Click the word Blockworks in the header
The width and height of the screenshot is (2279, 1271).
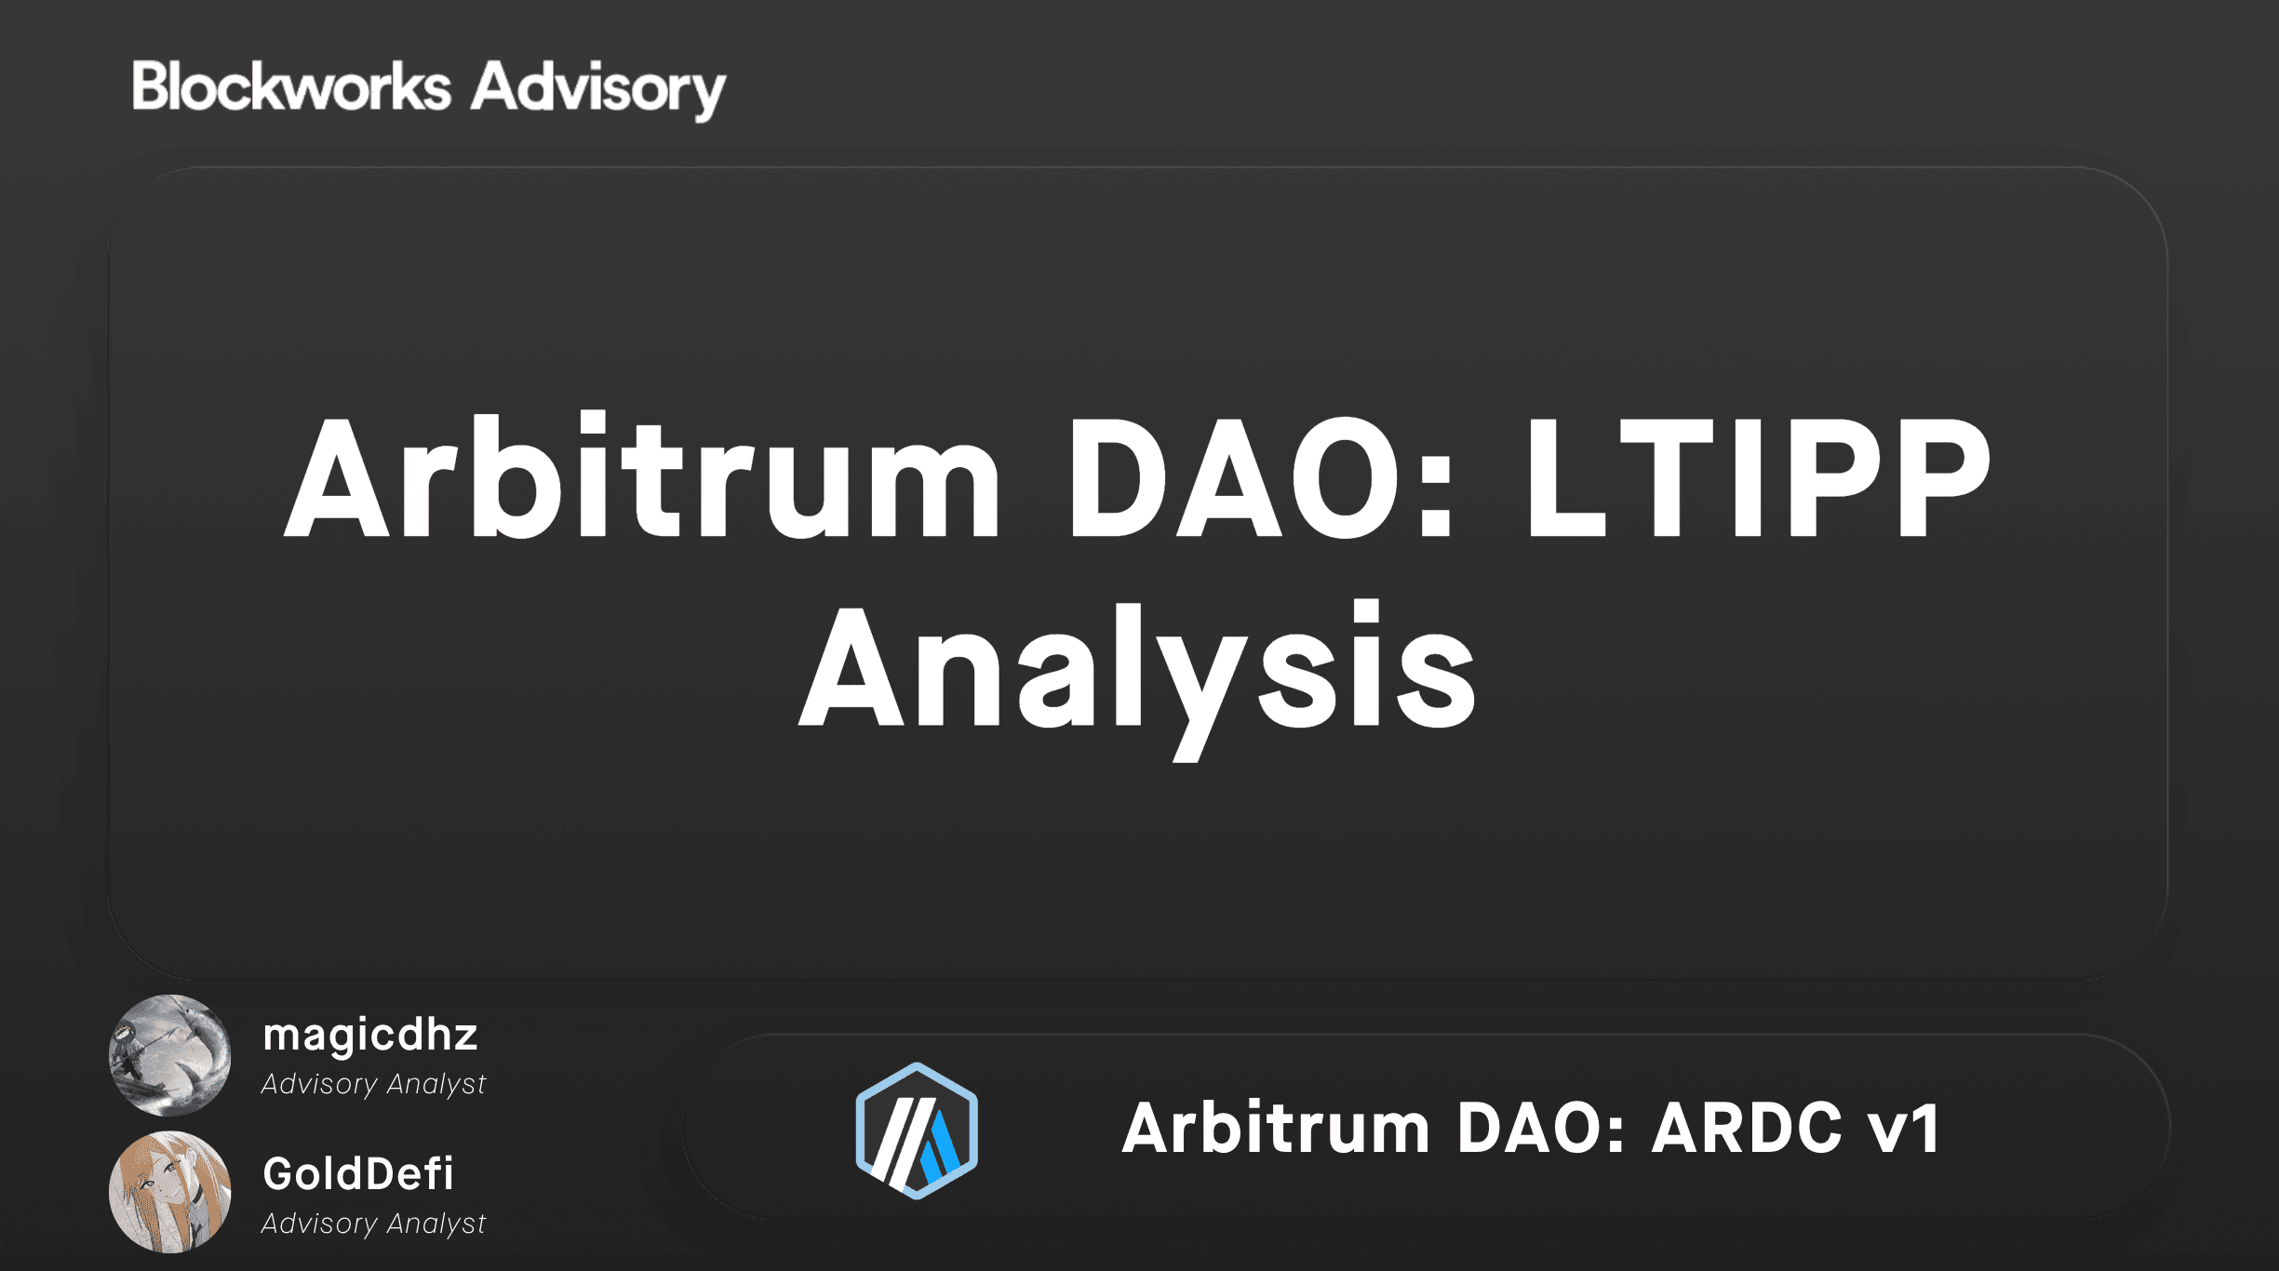[291, 87]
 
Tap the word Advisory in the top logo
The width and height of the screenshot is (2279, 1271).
[597, 89]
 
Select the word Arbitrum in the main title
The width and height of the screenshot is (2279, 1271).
[642, 476]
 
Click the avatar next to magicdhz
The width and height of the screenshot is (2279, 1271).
[170, 1055]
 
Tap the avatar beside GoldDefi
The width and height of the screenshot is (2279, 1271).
[170, 1192]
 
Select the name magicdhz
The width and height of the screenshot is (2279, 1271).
[369, 1035]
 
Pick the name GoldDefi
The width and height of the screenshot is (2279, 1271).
[358, 1173]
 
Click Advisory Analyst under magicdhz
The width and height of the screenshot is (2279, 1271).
[373, 1084]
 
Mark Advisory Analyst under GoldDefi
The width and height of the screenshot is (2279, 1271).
[373, 1224]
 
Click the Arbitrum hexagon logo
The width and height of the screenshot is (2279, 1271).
[917, 1130]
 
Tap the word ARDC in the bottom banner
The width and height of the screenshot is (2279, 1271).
[1746, 1128]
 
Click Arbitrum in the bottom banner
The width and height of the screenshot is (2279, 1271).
[1275, 1128]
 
